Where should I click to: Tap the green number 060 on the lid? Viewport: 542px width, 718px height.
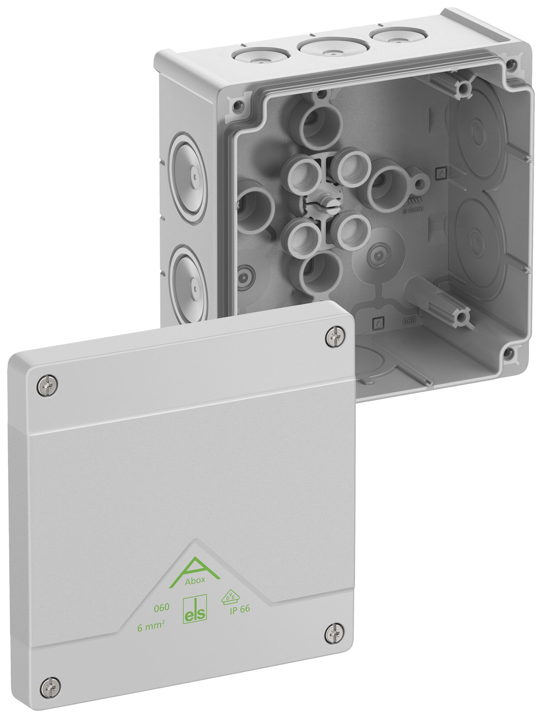[161, 608]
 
